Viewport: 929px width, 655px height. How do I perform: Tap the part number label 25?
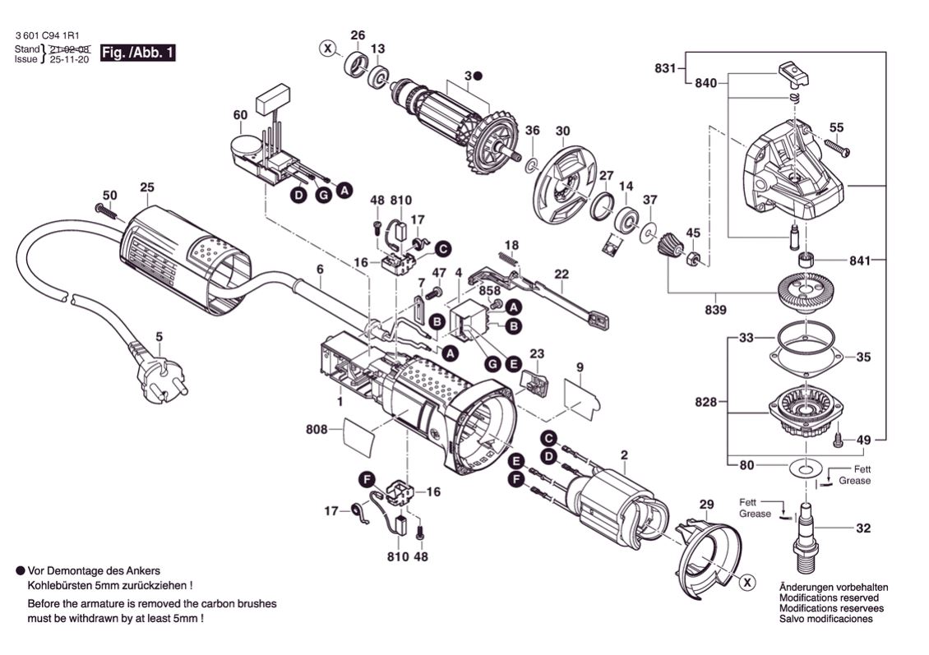[x=146, y=187]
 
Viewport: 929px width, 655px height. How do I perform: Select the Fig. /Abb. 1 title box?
[x=137, y=54]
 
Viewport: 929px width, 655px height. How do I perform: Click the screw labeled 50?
[x=107, y=211]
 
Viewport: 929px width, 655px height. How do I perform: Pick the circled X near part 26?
[x=329, y=48]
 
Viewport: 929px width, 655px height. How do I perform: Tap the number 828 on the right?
[x=705, y=403]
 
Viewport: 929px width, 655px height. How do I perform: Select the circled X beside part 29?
[x=746, y=583]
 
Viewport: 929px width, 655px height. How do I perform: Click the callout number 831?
[x=665, y=68]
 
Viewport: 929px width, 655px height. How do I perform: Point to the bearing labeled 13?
[x=378, y=76]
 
